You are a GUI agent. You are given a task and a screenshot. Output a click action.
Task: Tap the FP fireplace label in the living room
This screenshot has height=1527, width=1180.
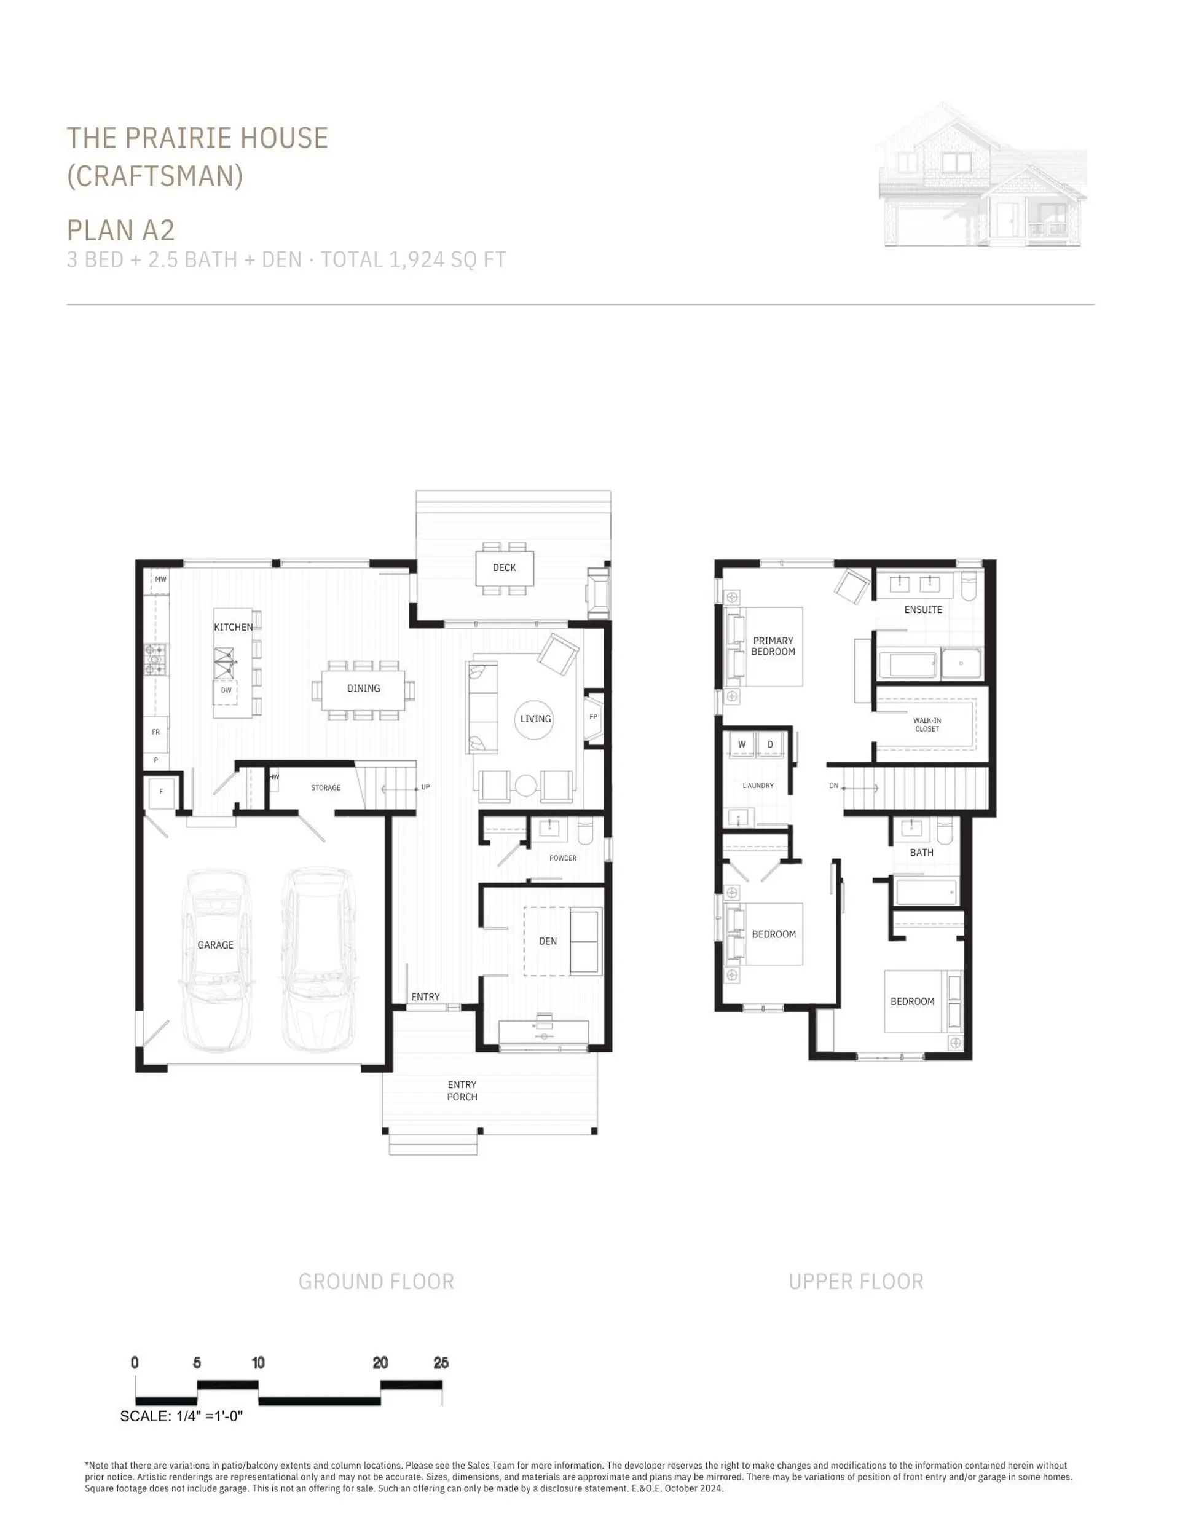(594, 717)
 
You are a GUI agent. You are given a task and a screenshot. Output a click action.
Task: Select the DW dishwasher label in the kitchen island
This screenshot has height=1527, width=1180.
(226, 690)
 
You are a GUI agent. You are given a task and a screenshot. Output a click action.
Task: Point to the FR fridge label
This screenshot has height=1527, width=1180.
(156, 732)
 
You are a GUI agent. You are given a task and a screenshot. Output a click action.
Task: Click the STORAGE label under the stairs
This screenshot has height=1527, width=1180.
(326, 788)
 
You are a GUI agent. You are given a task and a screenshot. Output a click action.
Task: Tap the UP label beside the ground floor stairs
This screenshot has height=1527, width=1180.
(425, 787)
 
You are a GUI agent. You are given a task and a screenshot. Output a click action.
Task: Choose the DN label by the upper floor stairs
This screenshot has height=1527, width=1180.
(833, 786)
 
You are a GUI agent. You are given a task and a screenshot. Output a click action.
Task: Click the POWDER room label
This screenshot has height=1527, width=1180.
(563, 858)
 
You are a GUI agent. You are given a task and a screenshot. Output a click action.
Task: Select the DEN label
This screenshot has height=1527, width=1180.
(548, 941)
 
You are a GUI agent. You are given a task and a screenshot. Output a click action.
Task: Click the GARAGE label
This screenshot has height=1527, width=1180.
(215, 945)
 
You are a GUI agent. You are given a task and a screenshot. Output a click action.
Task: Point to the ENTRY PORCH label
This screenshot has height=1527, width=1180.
(462, 1091)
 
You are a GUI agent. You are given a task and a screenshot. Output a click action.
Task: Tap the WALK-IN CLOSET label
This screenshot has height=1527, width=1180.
(927, 724)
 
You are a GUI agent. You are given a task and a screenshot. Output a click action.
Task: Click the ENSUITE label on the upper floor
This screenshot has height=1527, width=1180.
(922, 610)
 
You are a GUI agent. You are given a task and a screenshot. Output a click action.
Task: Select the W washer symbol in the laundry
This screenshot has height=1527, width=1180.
(742, 744)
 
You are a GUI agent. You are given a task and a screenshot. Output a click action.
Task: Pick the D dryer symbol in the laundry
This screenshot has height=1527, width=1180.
(770, 744)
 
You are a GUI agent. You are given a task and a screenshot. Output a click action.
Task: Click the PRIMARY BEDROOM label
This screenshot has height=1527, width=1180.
(773, 646)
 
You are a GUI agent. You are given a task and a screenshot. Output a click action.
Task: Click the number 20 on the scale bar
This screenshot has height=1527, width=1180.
(380, 1363)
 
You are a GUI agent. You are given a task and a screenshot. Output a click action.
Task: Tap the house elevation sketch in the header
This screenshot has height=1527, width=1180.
(982, 175)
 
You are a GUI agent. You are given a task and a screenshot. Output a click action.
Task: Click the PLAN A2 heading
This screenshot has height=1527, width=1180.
(120, 230)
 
